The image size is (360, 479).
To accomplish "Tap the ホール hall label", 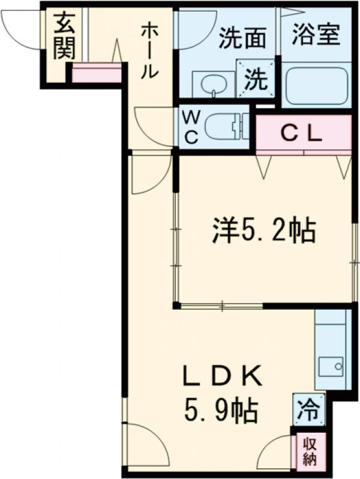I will point(149,52).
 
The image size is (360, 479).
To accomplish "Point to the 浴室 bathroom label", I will point(317,35).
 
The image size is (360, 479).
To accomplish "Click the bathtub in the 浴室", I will point(317,85).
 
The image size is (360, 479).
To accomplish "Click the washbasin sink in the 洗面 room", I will point(211,83).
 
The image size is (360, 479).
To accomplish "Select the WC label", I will point(190,127).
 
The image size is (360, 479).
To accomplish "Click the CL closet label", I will point(303,134).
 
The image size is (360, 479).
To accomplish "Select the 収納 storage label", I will point(310,452).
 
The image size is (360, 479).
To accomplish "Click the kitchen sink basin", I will point(331,365).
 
